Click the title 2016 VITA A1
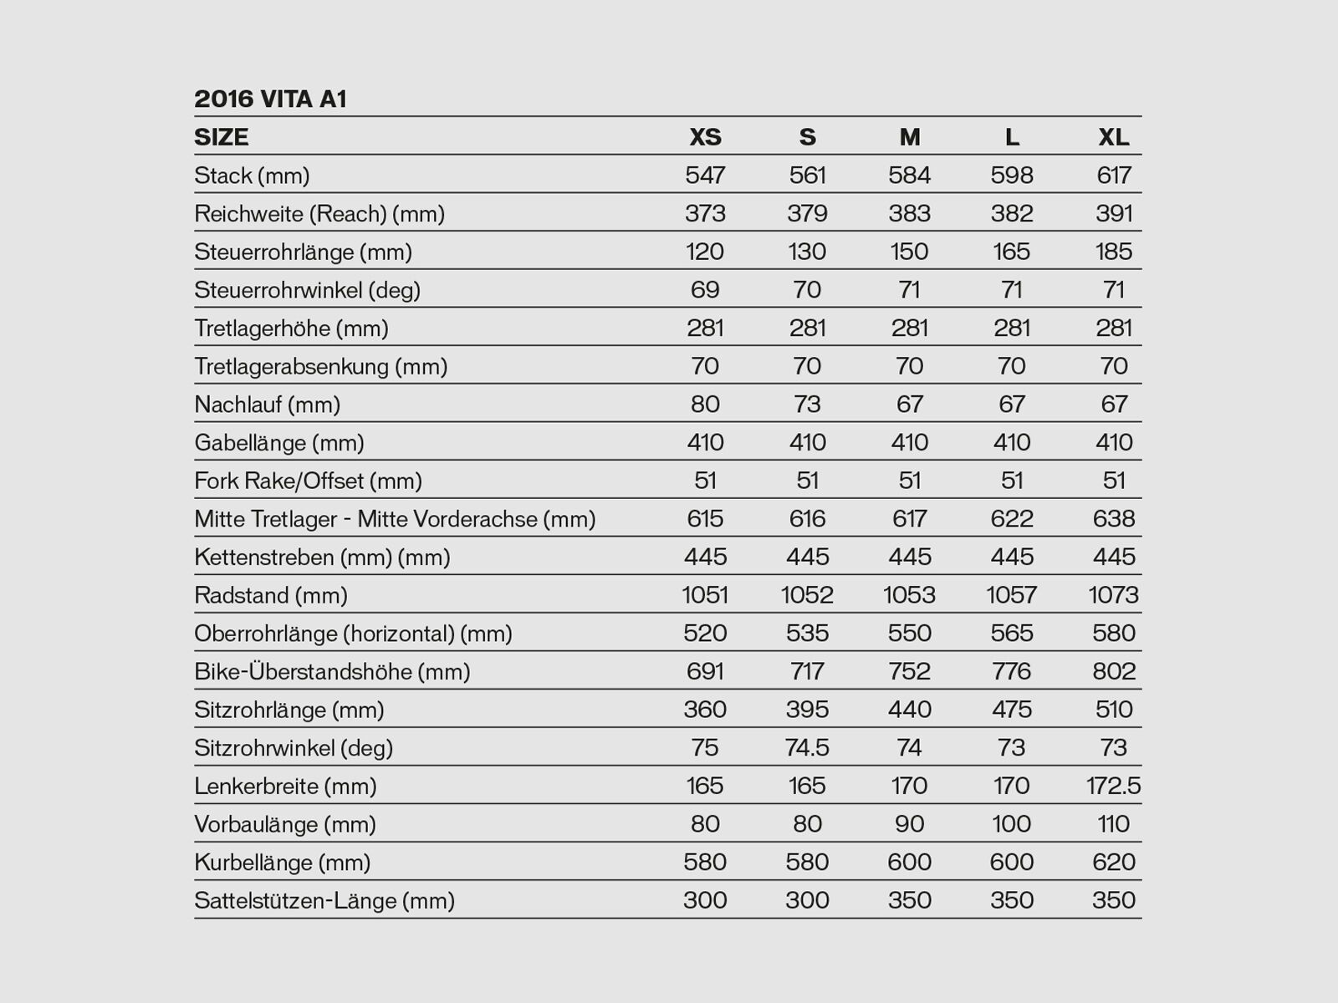(x=270, y=99)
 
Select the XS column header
(x=705, y=137)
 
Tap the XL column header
(x=1114, y=137)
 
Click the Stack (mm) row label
(x=252, y=176)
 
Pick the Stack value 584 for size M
(x=909, y=176)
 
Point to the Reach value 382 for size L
(x=1012, y=213)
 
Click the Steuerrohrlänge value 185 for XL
(x=1114, y=252)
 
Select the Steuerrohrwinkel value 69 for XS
(x=705, y=290)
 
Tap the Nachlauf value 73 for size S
(x=807, y=405)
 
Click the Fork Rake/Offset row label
(x=308, y=481)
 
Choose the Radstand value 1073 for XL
(x=1114, y=595)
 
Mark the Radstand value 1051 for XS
(x=705, y=595)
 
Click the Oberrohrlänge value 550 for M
(x=909, y=634)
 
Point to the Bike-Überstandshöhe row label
(x=332, y=672)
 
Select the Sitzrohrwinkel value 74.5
(x=807, y=748)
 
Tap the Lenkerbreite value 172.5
(x=1114, y=787)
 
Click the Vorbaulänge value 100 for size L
(x=1012, y=824)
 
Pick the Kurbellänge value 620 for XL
(x=1114, y=863)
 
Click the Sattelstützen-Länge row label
(x=324, y=901)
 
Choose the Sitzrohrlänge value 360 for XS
(x=705, y=710)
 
